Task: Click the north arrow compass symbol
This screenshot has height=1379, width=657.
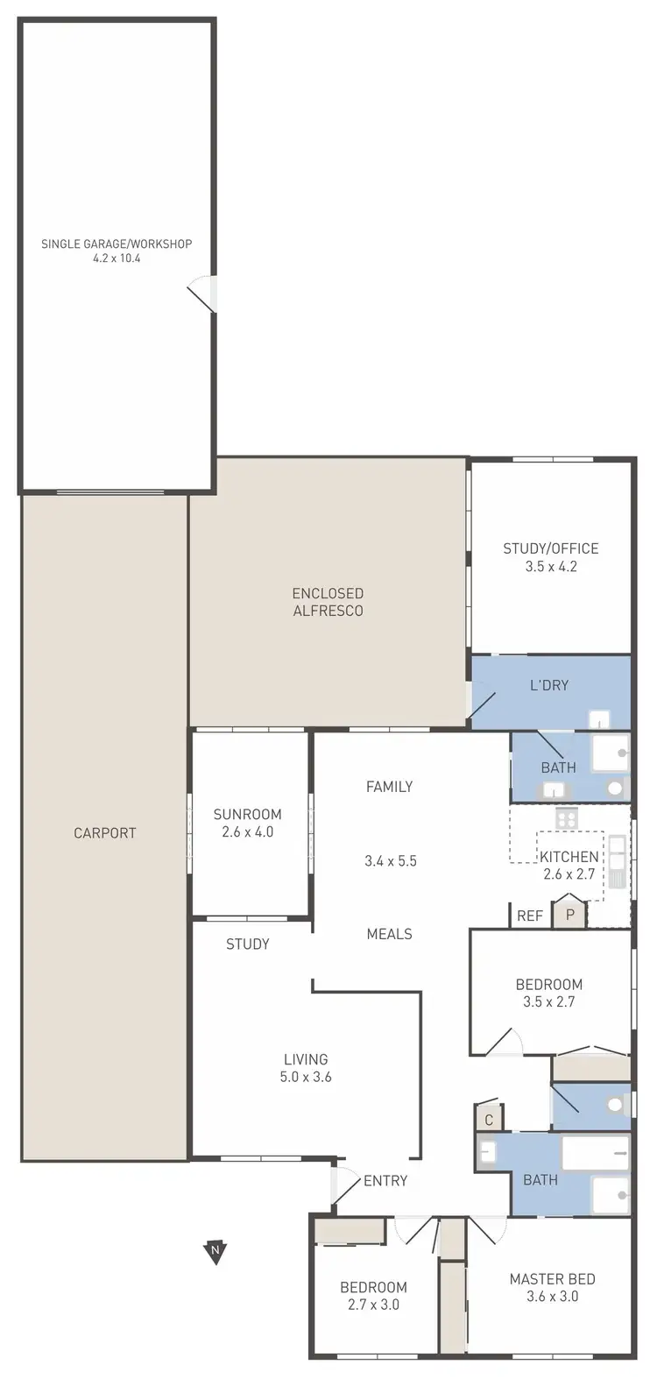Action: (215, 1251)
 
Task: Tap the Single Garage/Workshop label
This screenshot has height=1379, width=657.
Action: (117, 244)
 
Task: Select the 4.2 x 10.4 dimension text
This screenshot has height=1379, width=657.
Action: (117, 259)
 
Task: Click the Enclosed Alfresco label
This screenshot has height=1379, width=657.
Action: (328, 602)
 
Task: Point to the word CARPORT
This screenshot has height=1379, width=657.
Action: (105, 833)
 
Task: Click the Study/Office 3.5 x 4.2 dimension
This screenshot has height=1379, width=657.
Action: (551, 567)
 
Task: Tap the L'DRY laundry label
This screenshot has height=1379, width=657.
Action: (549, 685)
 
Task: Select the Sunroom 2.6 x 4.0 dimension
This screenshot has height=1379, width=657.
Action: (248, 832)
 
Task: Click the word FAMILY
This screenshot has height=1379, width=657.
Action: (389, 787)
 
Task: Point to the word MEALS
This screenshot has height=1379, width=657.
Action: (389, 934)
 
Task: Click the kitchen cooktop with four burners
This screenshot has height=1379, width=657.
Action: (566, 818)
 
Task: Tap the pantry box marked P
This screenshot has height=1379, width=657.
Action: (569, 915)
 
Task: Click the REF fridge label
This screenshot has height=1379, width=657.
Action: (530, 916)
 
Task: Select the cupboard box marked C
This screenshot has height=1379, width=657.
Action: (489, 1120)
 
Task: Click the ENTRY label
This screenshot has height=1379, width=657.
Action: (385, 1181)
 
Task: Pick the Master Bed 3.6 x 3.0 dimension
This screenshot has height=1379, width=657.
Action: (552, 1297)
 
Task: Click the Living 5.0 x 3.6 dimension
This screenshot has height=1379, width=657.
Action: (306, 1078)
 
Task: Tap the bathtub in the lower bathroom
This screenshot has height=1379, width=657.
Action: (596, 1153)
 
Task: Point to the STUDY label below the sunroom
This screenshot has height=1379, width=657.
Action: (248, 944)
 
